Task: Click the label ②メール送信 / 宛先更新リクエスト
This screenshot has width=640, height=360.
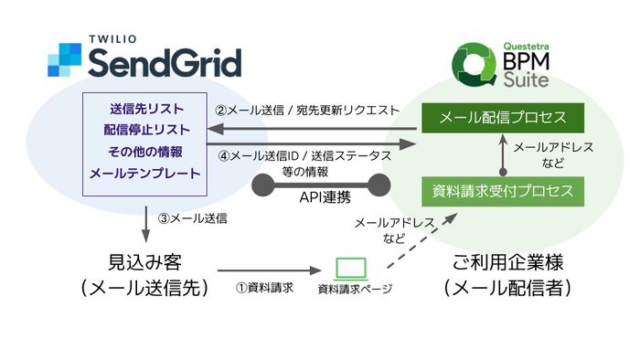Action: click(307, 111)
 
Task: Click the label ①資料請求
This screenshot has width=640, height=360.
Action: click(262, 288)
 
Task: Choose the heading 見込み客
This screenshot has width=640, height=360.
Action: click(144, 261)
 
